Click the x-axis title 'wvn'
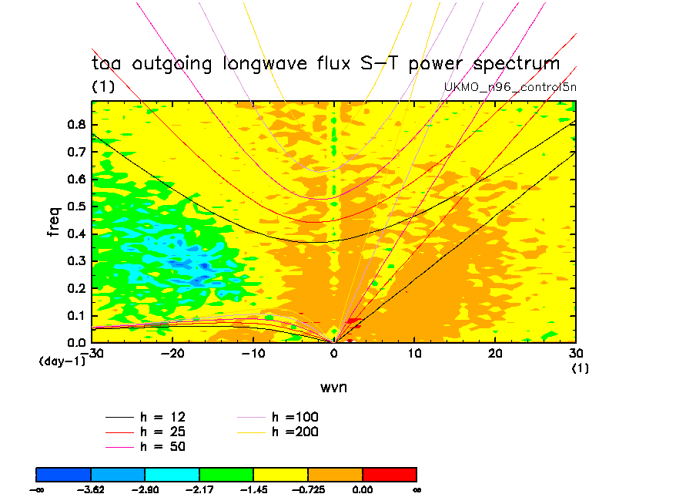(333, 387)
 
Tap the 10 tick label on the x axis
(415, 353)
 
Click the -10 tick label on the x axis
(253, 353)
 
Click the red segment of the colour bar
(389, 473)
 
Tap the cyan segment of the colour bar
(172, 473)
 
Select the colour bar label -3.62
(91, 489)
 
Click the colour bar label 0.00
(362, 489)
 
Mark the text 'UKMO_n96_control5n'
(510, 87)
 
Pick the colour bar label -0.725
(308, 489)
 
